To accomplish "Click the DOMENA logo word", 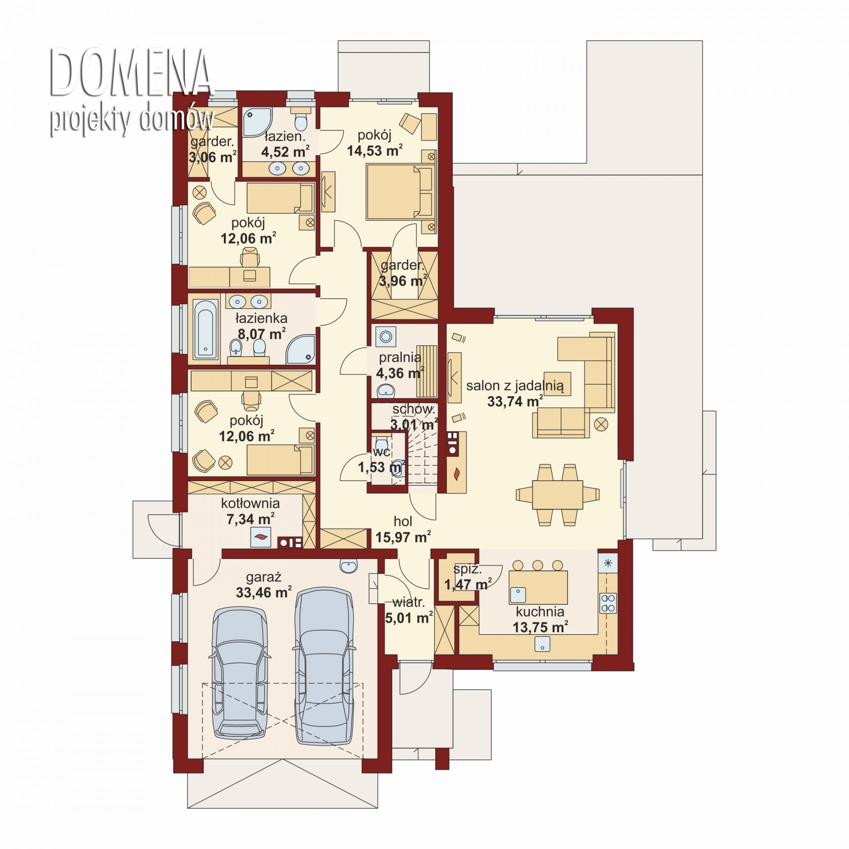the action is click(x=131, y=73).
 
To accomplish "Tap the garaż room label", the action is click(x=263, y=577).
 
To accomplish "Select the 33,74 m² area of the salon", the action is click(x=515, y=401).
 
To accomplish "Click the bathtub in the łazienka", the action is click(x=206, y=328).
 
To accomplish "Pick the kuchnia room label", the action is click(x=540, y=611).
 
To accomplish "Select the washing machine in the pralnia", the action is click(x=386, y=336).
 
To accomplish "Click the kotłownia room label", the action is click(x=250, y=503).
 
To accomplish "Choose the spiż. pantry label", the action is click(x=467, y=569).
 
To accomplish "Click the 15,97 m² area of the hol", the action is click(x=403, y=537).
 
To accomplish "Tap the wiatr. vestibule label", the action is click(x=408, y=602).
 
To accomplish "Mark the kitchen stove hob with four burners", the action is click(x=607, y=602).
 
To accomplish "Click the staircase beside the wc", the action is click(x=422, y=455).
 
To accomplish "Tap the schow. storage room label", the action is click(x=413, y=409).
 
